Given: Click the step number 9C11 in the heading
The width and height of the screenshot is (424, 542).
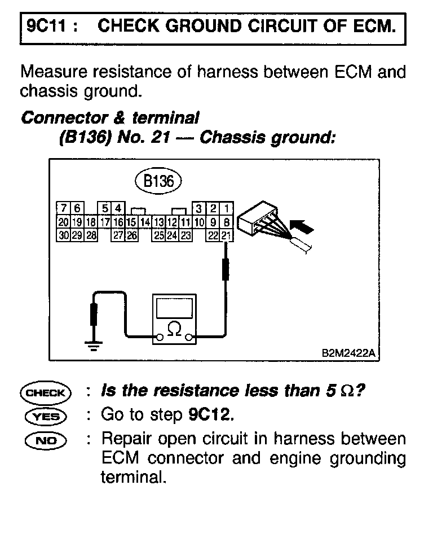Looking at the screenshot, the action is click(41, 26).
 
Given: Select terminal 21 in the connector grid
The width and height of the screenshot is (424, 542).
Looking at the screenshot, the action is click(226, 235).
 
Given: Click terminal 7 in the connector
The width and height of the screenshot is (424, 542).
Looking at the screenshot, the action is click(64, 208).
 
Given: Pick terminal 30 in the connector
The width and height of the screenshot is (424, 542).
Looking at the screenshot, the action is click(63, 235).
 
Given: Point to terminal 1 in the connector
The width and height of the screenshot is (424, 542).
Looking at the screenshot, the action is click(226, 208).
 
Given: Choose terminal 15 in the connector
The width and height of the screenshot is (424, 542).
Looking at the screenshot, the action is click(131, 221).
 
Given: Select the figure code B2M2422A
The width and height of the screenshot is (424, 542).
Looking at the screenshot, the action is click(348, 352).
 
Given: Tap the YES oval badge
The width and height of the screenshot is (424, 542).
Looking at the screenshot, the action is click(46, 416).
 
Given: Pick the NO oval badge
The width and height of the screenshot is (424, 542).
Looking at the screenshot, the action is click(46, 440).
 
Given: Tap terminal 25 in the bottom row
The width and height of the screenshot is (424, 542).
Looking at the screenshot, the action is click(159, 235).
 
